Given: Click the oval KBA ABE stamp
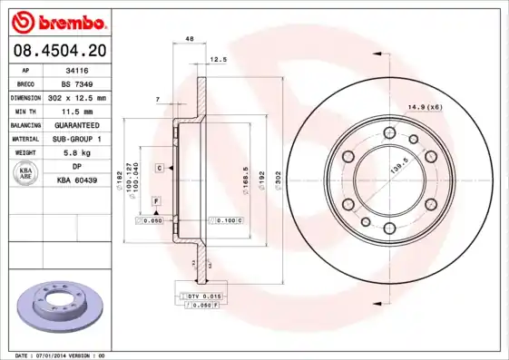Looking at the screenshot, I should pyautogui.click(x=26, y=174).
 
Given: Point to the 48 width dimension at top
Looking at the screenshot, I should pyautogui.click(x=190, y=39).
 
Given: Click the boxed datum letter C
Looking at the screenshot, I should pyautogui.click(x=158, y=169).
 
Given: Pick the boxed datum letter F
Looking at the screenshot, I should pyautogui.click(x=156, y=199).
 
